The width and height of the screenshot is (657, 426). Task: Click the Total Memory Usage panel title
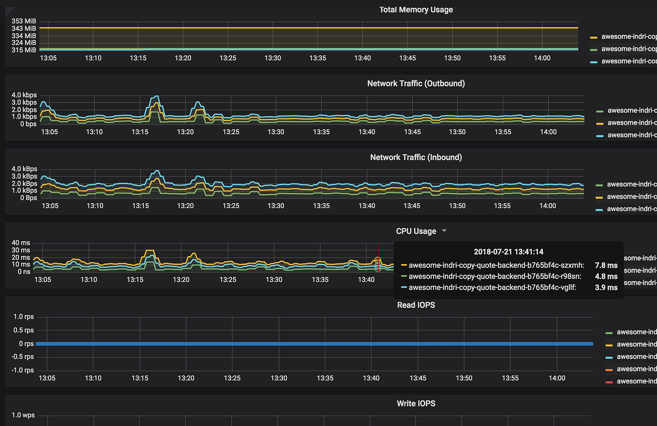pos(416,10)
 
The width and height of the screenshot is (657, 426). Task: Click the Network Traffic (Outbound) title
pos(416,83)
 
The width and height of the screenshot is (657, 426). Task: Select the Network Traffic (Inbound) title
pos(416,157)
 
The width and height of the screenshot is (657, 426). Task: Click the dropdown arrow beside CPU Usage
pos(444,231)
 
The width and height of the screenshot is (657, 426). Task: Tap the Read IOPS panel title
pos(416,305)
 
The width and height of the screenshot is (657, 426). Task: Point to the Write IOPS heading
pos(416,403)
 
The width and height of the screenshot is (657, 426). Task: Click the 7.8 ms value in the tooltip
pos(606,265)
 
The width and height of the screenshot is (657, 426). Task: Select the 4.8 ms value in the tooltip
pos(606,276)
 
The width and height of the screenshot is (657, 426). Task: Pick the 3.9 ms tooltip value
pos(606,288)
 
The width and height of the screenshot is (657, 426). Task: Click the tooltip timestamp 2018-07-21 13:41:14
pos(509,252)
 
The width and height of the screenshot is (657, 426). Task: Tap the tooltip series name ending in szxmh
pos(496,265)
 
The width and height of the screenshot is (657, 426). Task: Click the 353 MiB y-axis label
pos(24,21)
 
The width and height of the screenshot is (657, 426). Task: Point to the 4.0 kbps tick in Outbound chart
pos(24,95)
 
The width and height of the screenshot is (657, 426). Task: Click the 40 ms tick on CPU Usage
pos(21,243)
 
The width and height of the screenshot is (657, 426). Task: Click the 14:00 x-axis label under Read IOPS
pos(557,378)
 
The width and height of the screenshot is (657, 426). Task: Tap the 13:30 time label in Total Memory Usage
pos(273,58)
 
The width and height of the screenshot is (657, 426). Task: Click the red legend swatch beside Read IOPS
pos(609,382)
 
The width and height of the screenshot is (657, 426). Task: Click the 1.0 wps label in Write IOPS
pos(23,415)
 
